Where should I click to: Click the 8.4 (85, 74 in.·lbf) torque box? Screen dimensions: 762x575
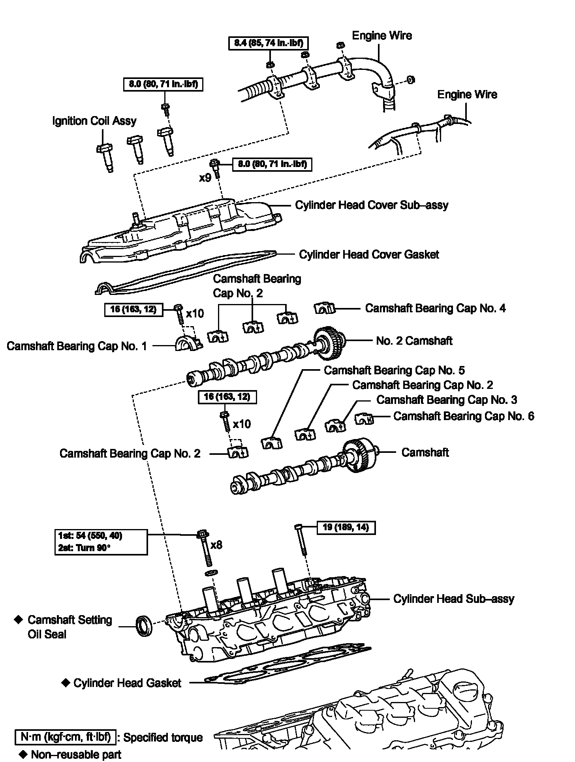268,43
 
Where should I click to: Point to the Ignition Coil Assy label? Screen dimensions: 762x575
94,121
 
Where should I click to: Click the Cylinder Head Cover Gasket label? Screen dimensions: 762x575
369,255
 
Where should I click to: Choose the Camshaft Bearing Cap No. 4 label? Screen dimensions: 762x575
435,308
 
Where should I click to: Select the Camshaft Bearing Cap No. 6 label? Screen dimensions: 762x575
464,416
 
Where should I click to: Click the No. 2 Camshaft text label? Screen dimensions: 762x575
414,341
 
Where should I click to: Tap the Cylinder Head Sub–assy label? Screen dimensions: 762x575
454,599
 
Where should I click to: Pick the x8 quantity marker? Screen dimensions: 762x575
216,545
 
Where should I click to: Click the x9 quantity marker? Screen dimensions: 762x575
205,178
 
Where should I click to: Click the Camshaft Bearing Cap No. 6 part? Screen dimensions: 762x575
364,419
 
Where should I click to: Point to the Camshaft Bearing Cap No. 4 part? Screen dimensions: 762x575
325,308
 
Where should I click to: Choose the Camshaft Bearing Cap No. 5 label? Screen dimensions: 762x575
394,370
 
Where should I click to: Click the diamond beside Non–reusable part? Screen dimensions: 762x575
24,754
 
